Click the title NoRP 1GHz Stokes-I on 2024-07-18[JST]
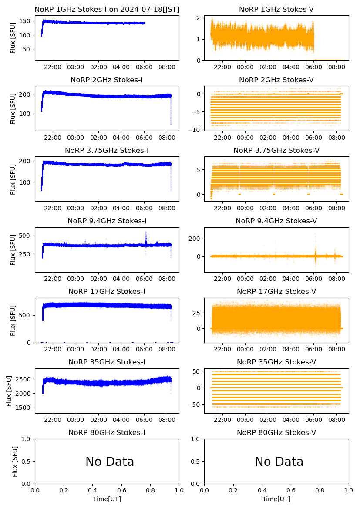pyautogui.click(x=107, y=9)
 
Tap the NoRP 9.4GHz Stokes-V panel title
pyautogui.click(x=276, y=221)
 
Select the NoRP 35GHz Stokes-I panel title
pyautogui.click(x=107, y=362)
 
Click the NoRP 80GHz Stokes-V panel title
pyautogui.click(x=276, y=433)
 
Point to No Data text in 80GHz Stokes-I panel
pyautogui.click(x=110, y=462)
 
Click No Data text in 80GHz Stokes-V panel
pyautogui.click(x=279, y=462)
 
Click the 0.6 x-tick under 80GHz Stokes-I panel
pyautogui.click(x=121, y=491)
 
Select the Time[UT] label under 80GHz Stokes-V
pyautogui.click(x=276, y=499)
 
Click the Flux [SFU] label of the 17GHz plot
pyautogui.click(x=13, y=320)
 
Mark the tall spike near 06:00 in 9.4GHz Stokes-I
pyautogui.click(x=146, y=237)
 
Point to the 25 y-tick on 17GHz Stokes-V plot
pyautogui.click(x=197, y=313)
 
